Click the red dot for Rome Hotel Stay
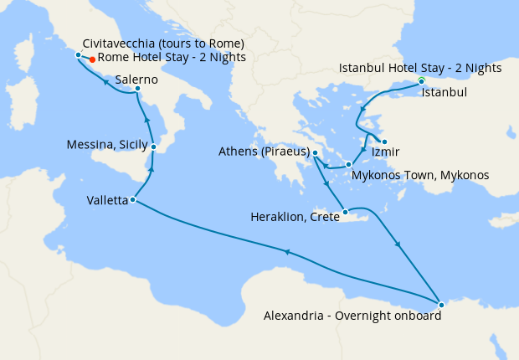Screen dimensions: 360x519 click(92, 59)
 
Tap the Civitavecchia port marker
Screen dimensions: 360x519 click(78, 55)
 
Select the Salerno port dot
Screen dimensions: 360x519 click(137, 89)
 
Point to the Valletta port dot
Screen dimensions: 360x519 click(133, 199)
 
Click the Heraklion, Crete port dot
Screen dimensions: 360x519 click(345, 212)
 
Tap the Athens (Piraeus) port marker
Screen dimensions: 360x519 click(315, 152)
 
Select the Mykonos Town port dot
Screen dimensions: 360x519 click(347, 165)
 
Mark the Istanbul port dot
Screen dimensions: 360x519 click(421, 81)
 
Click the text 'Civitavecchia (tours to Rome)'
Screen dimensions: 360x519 click(163, 44)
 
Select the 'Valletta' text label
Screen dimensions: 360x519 click(107, 200)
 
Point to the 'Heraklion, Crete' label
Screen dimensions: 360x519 click(295, 216)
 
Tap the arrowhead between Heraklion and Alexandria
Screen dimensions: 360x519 click(397, 244)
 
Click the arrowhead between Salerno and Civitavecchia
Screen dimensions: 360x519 click(105, 81)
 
